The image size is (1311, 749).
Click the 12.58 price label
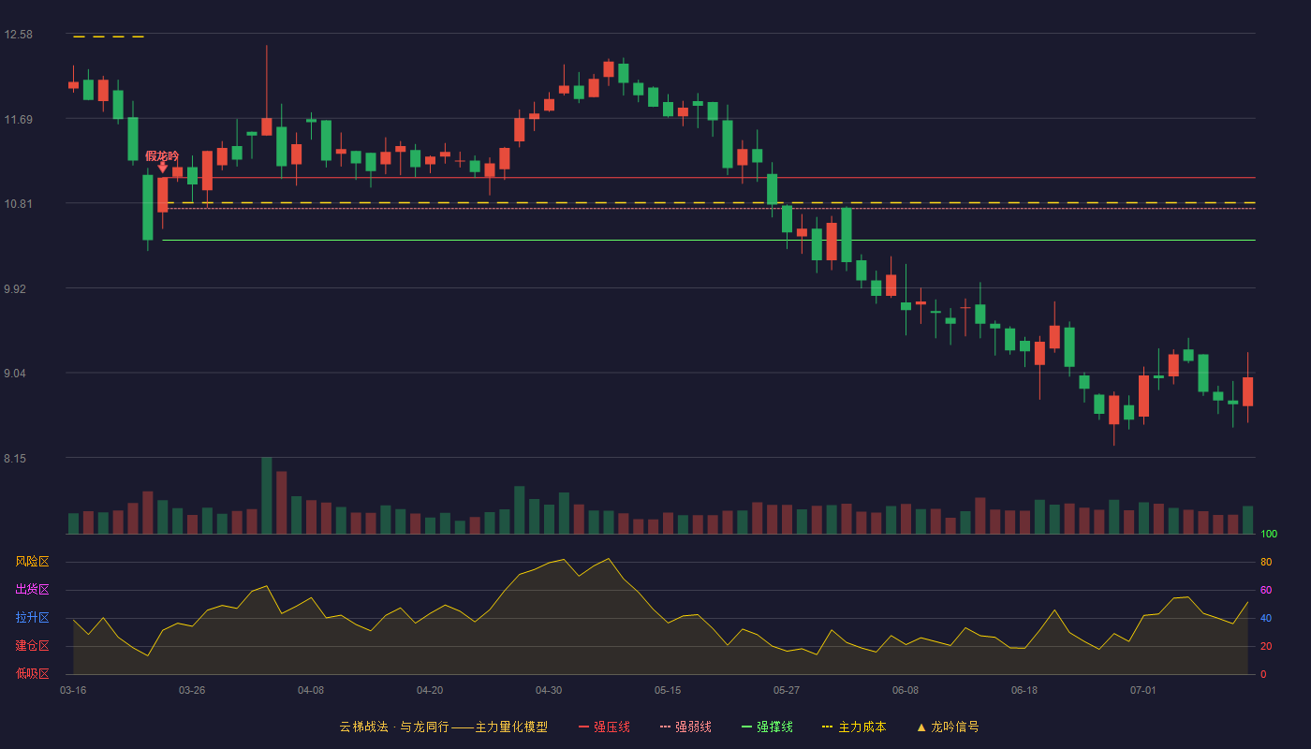pyautogui.click(x=18, y=35)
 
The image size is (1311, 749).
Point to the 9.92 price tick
pyautogui.click(x=15, y=289)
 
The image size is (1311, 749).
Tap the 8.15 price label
pyautogui.click(x=15, y=459)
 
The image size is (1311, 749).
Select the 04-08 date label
pyautogui.click(x=311, y=691)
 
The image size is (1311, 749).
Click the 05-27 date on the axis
pyautogui.click(x=786, y=691)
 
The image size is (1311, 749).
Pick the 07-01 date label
pyautogui.click(x=1143, y=691)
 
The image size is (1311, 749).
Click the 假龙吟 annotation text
pyautogui.click(x=162, y=155)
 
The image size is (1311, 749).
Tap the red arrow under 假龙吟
pyautogui.click(x=163, y=168)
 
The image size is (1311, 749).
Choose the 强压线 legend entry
pyautogui.click(x=604, y=727)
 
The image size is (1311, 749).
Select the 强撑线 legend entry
pyautogui.click(x=767, y=727)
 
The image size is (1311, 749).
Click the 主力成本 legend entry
pyautogui.click(x=854, y=727)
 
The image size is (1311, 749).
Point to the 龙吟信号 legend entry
pyautogui.click(x=948, y=727)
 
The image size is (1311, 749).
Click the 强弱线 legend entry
pyautogui.click(x=685, y=727)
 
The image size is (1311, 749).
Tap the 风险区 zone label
pyautogui.click(x=32, y=562)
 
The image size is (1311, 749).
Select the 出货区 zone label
pyautogui.click(x=32, y=589)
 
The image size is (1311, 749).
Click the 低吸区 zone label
pyautogui.click(x=32, y=673)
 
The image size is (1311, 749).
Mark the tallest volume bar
pyautogui.click(x=266, y=495)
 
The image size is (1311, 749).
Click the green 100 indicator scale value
pyautogui.click(x=1269, y=534)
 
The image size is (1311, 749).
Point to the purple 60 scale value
pyautogui.click(x=1266, y=590)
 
